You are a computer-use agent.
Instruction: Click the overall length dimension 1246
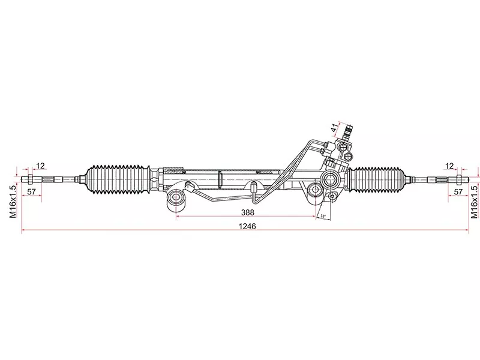point(247,227)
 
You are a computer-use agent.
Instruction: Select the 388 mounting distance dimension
point(246,212)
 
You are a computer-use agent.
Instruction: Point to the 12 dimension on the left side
point(40,166)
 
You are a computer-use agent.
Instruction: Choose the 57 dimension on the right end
point(458,192)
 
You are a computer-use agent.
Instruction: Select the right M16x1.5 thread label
point(474,200)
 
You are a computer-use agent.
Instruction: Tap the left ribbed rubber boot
point(118,178)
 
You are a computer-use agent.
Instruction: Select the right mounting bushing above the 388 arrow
point(314,194)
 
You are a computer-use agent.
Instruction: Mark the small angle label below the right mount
point(323,215)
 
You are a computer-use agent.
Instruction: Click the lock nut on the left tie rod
point(29,179)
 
